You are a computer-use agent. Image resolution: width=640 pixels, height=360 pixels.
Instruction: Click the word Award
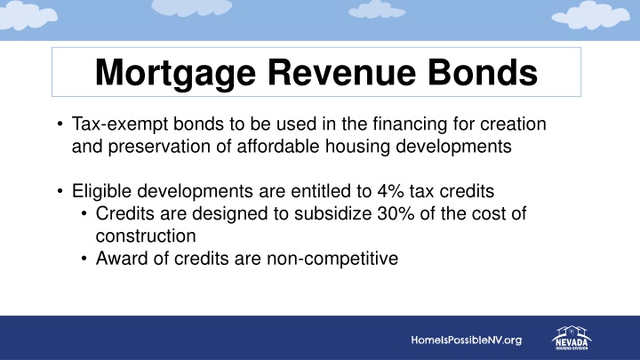tap(117, 259)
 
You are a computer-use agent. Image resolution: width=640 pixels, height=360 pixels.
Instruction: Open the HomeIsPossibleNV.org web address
tap(466, 340)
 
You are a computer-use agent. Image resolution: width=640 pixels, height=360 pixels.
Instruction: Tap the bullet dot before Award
tap(83, 259)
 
